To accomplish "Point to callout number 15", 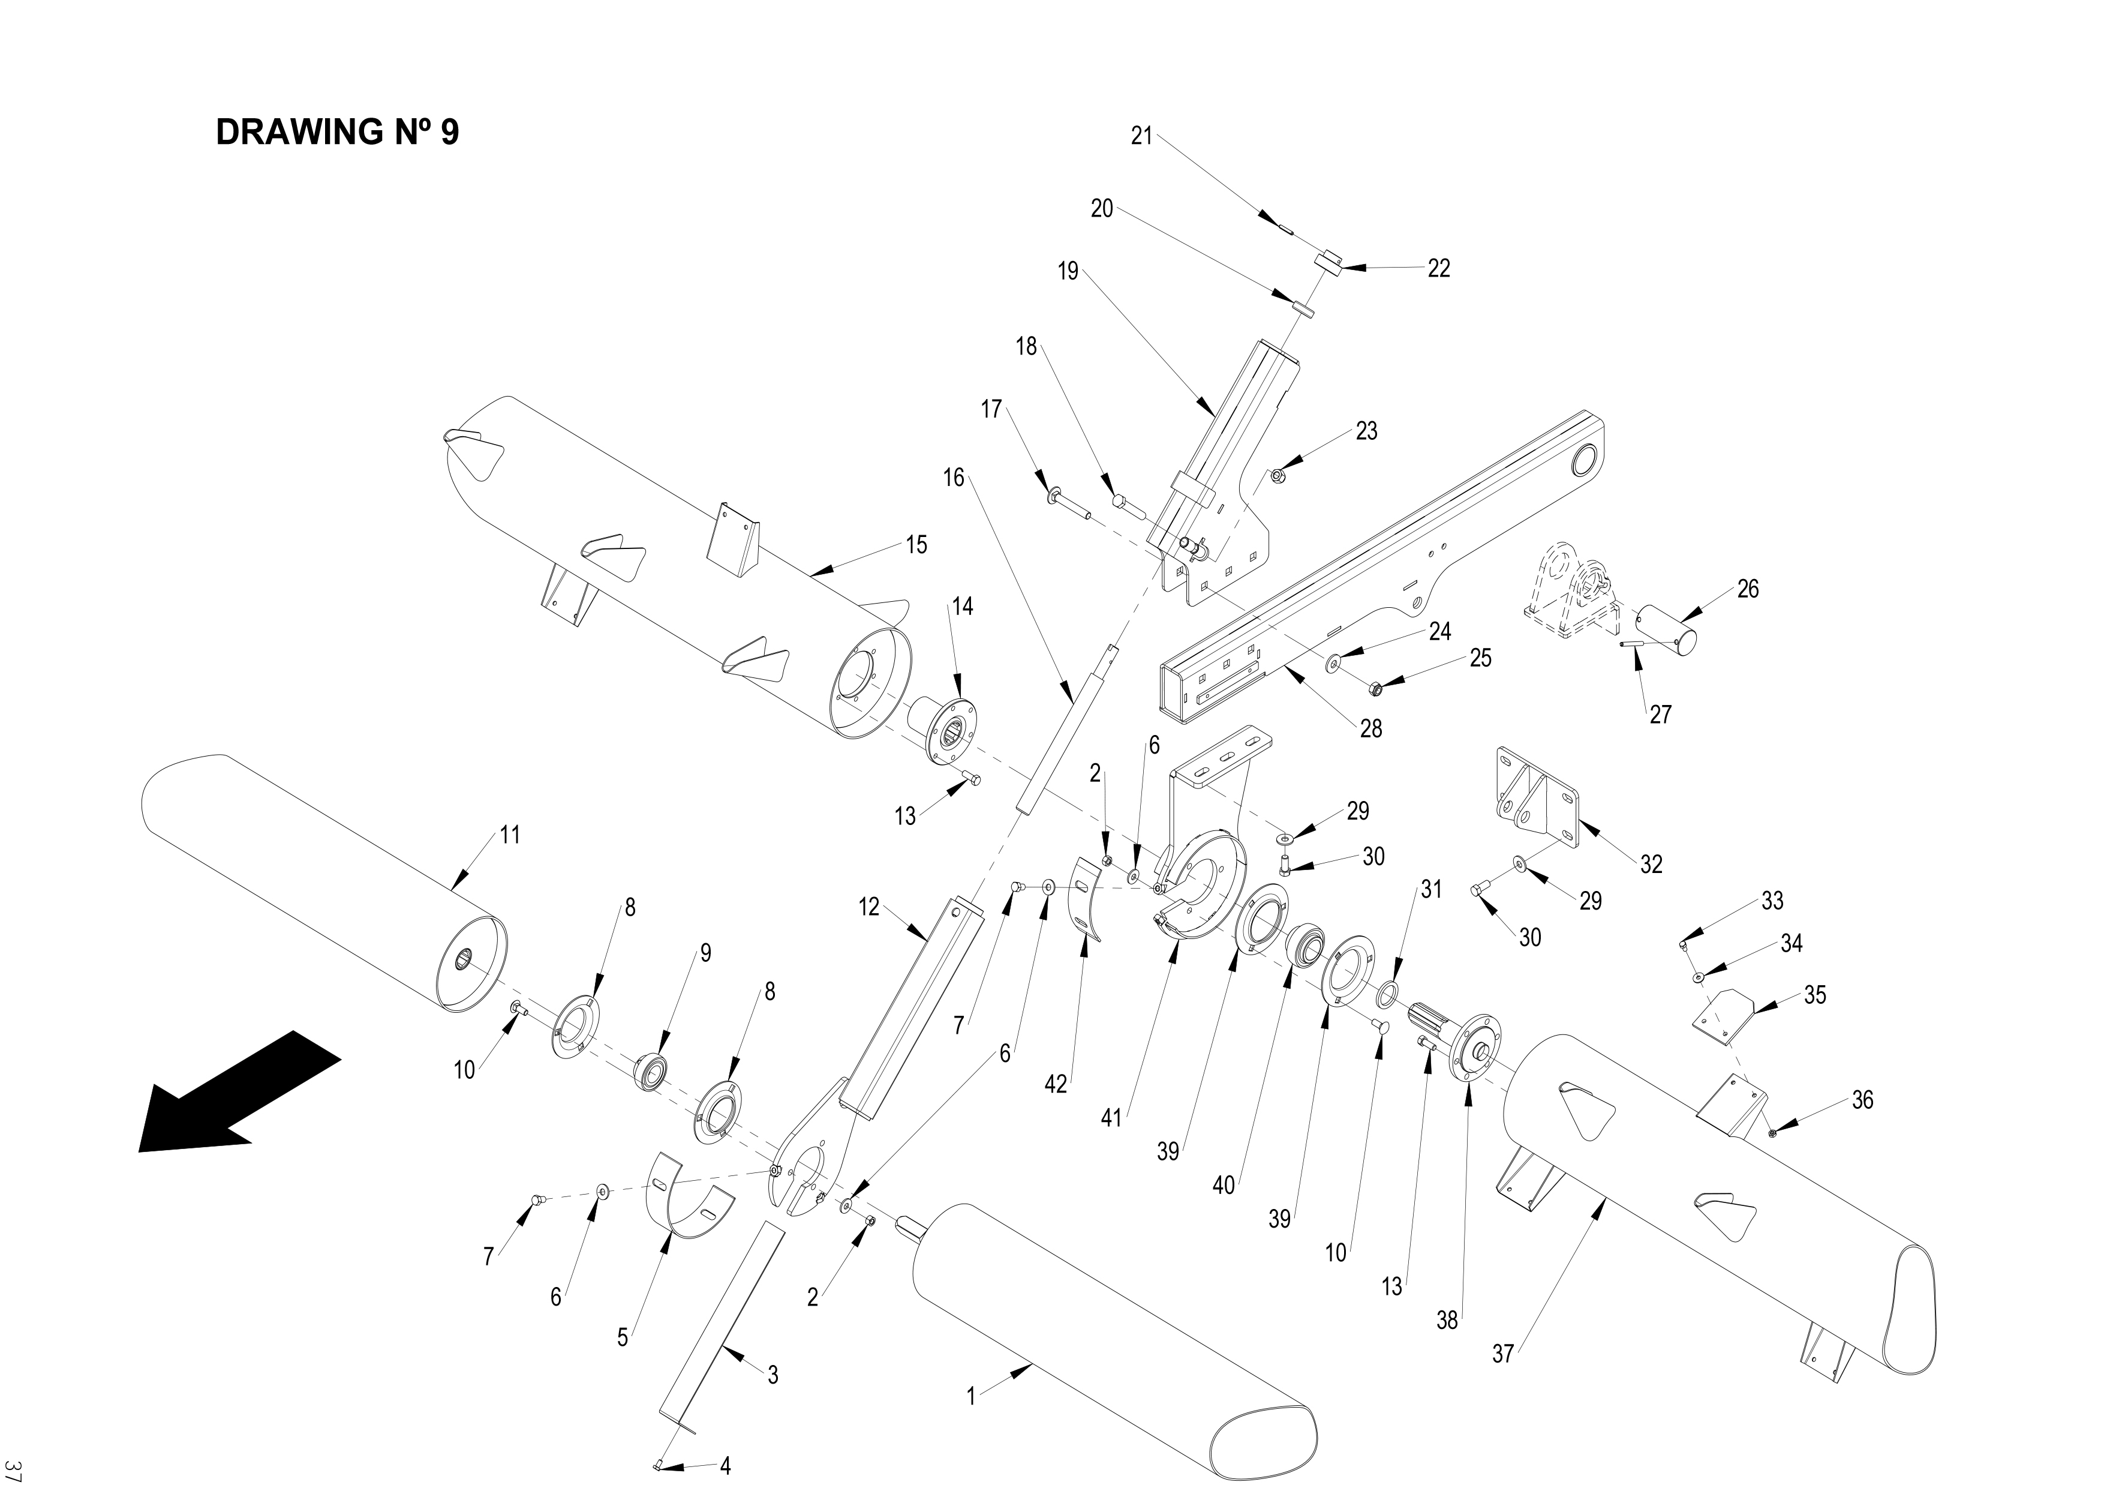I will point(916,545).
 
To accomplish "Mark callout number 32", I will point(1651,863).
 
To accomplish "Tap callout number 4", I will point(725,1465).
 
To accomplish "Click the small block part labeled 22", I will point(1328,261).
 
